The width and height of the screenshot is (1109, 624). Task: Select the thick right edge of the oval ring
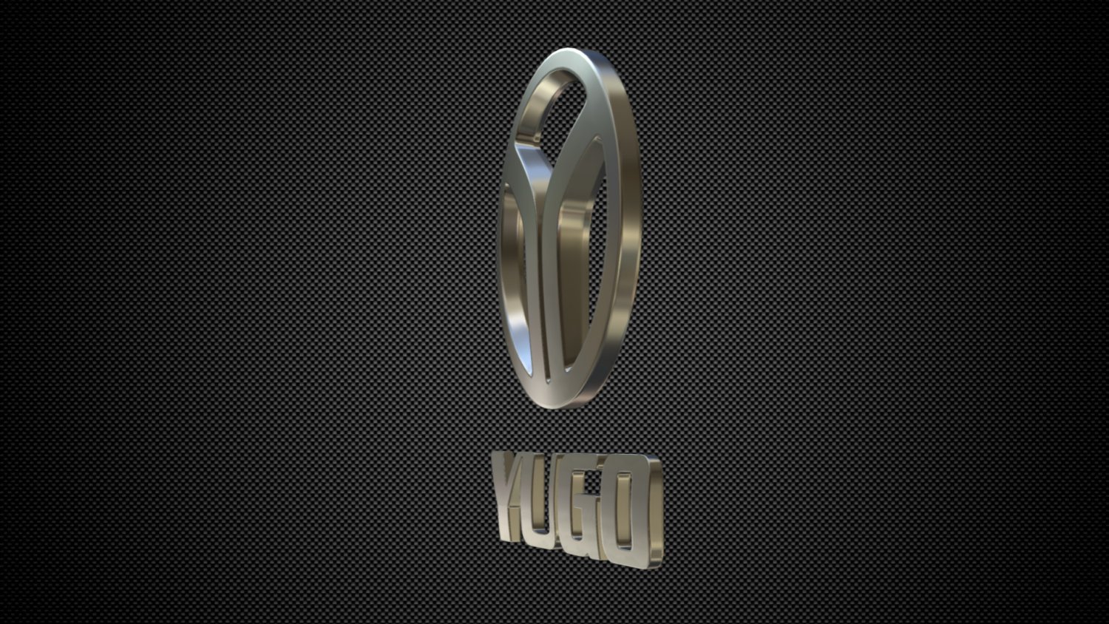(x=628, y=222)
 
